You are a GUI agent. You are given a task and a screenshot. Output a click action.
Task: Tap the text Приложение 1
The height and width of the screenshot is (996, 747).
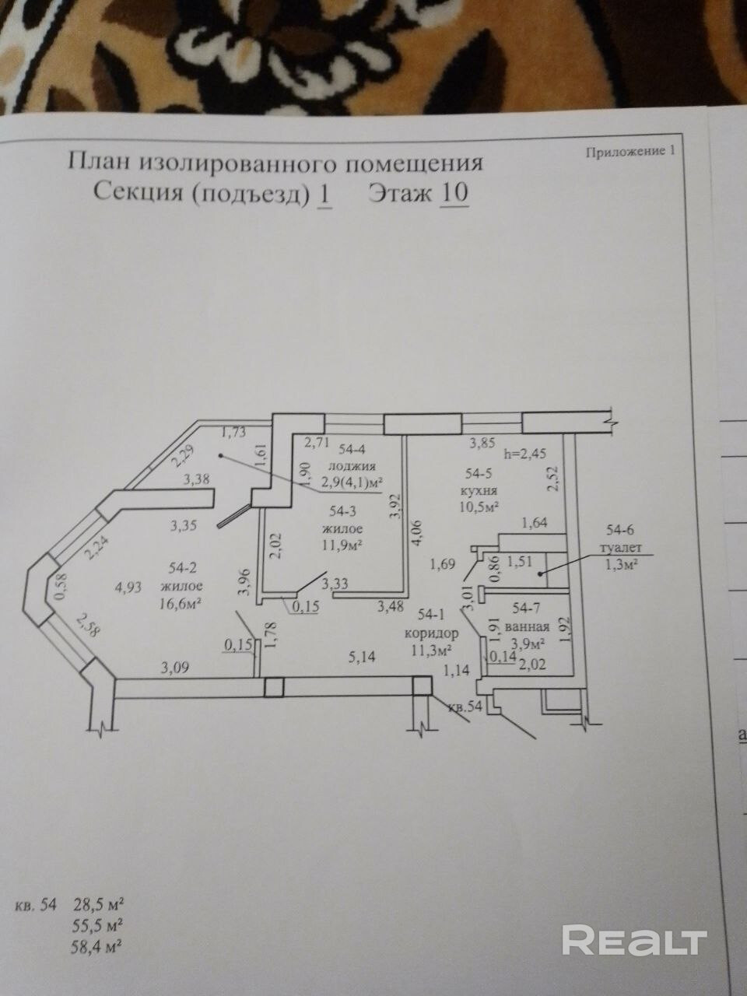point(629,152)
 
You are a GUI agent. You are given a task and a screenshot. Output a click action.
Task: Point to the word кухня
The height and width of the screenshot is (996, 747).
point(480,491)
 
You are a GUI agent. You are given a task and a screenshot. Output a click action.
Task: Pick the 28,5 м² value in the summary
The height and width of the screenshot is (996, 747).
point(100,906)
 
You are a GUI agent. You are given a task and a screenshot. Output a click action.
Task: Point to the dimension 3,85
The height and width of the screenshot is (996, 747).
point(480,444)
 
